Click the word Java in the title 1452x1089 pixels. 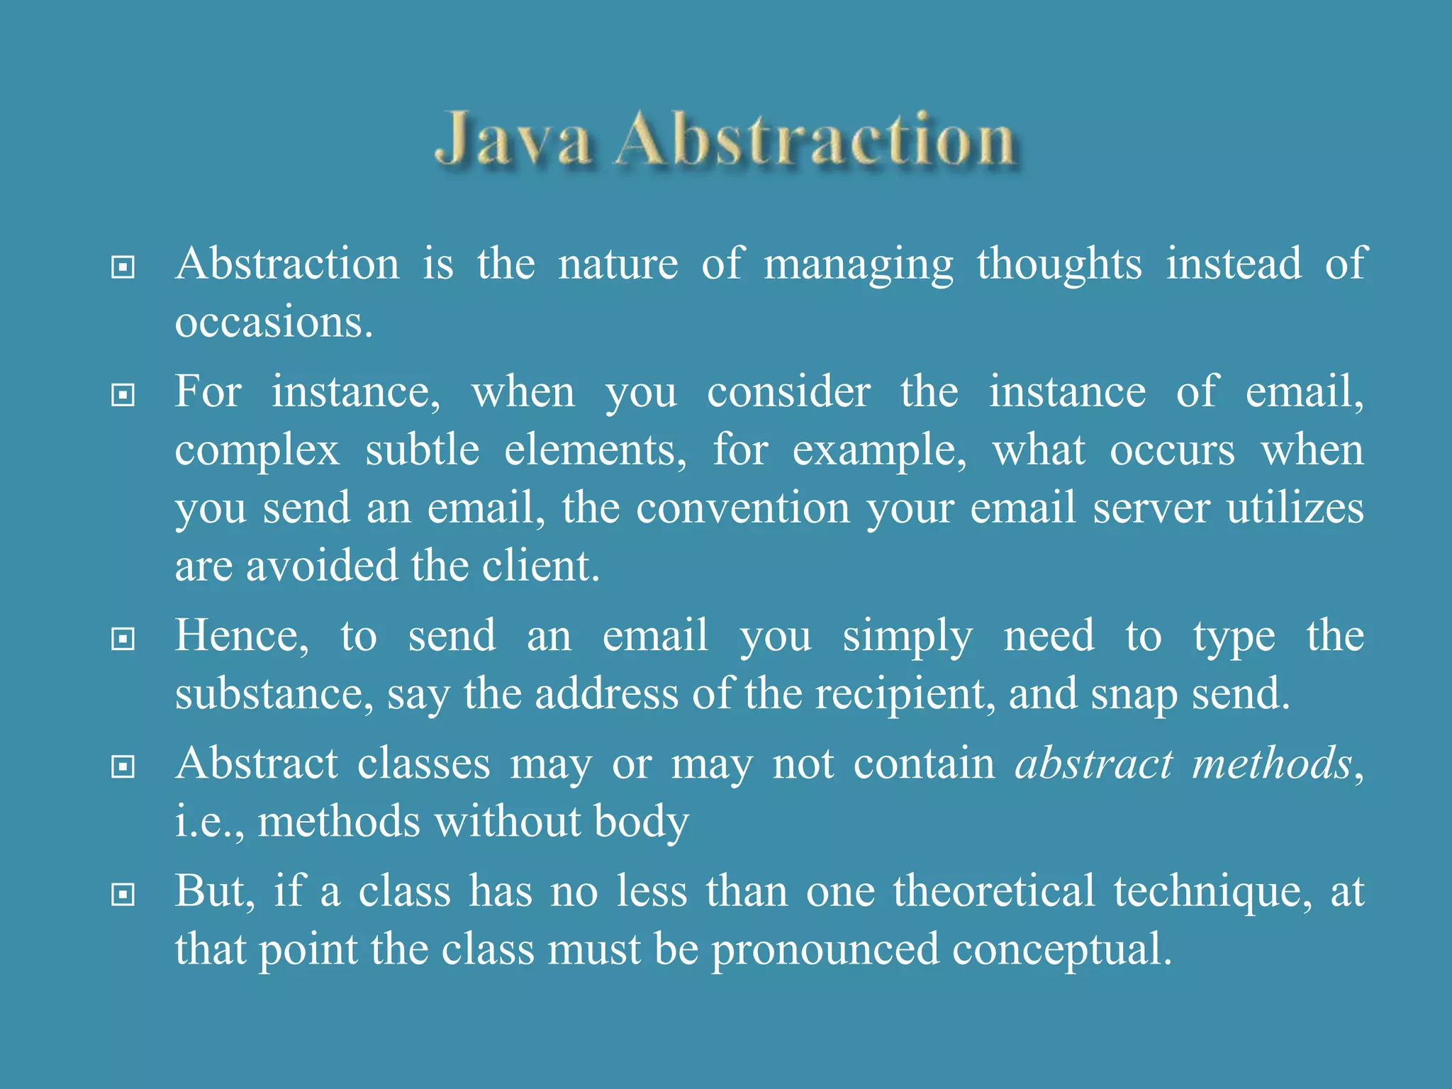pyautogui.click(x=513, y=140)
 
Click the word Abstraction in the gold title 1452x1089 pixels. pyautogui.click(x=815, y=140)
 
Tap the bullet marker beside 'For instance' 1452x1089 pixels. pyautogui.click(x=123, y=394)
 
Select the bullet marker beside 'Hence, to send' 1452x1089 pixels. pyautogui.click(x=123, y=638)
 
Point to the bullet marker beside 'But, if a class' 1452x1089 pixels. pyautogui.click(x=123, y=894)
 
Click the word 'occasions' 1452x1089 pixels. pyautogui.click(x=273, y=323)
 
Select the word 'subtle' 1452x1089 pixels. pyautogui.click(x=423, y=450)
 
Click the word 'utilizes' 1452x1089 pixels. pyautogui.click(x=1295, y=508)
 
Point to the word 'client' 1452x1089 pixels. pyautogui.click(x=540, y=566)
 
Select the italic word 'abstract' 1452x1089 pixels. pyautogui.click(x=1094, y=764)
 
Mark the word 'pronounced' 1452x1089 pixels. pyautogui.click(x=825, y=951)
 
